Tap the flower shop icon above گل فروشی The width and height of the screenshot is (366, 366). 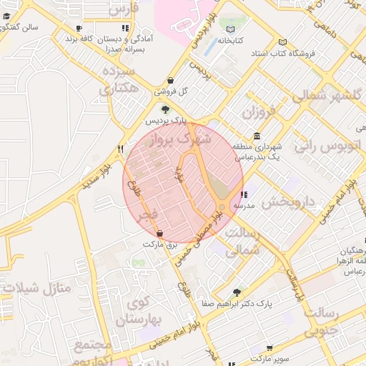click(x=170, y=81)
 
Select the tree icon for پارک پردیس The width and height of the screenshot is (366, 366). click(x=166, y=109)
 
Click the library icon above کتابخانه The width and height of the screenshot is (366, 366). click(x=230, y=29)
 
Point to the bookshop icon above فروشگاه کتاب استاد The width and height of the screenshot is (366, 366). click(x=283, y=41)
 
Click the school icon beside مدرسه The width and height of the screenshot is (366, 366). click(x=244, y=194)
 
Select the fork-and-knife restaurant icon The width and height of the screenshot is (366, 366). click(x=120, y=149)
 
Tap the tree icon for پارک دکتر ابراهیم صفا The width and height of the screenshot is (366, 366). click(x=237, y=292)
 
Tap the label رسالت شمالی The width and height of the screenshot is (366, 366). click(x=242, y=242)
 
